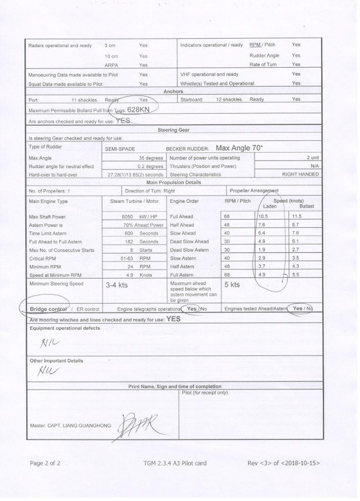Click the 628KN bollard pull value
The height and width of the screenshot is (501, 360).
[x=138, y=109]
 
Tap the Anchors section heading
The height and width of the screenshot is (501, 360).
[x=173, y=91]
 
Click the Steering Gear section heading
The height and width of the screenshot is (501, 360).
[x=173, y=130]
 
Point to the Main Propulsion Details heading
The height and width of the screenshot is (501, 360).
[x=173, y=183]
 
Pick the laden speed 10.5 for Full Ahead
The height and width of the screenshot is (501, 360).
[x=262, y=216]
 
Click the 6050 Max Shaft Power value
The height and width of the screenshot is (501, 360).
[x=127, y=217]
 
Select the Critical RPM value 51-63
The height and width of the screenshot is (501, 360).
[x=127, y=259]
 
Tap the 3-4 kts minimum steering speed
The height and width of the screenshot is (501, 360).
[x=117, y=285]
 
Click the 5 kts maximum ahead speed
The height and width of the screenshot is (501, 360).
[x=232, y=285]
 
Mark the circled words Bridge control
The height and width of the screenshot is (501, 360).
[x=48, y=309]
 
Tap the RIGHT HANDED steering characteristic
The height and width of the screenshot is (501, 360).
[x=300, y=175]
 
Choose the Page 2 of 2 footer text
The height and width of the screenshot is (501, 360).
[x=45, y=463]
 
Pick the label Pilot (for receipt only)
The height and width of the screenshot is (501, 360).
[x=205, y=393]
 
